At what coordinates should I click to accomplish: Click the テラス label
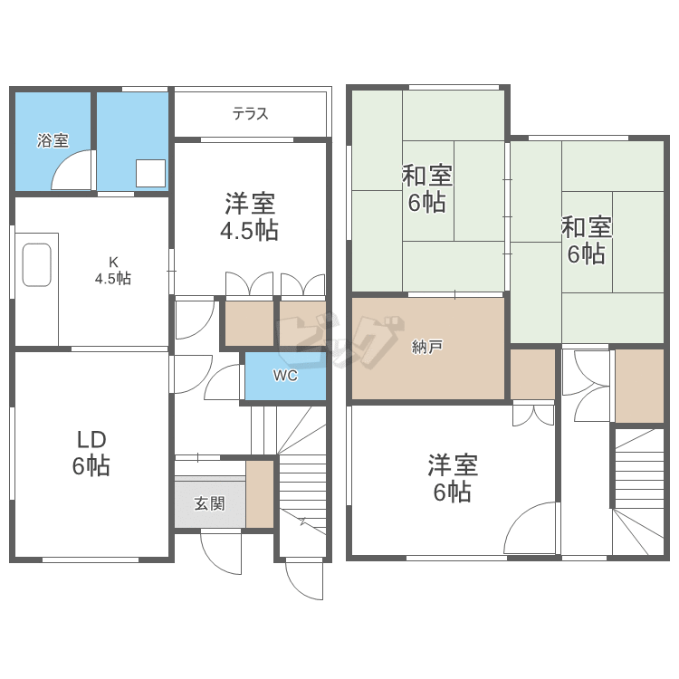tap(250, 114)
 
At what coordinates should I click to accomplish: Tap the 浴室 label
tap(53, 140)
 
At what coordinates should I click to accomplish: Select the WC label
tap(285, 376)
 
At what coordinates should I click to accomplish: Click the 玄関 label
tap(210, 503)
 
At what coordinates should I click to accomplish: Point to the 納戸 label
tap(427, 347)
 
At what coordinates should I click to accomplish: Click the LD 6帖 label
tap(91, 454)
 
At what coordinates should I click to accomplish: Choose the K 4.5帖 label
tap(113, 271)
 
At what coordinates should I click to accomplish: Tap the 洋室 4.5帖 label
tap(250, 216)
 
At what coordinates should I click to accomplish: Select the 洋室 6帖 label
tap(453, 478)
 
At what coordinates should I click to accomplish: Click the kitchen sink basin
tap(37, 265)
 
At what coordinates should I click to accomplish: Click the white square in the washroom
tap(150, 173)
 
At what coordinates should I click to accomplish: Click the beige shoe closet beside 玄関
tap(260, 494)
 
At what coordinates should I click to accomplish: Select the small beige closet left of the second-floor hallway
tap(532, 374)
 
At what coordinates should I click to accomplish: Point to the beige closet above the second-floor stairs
tap(639, 386)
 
